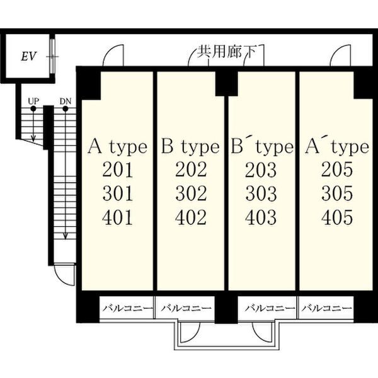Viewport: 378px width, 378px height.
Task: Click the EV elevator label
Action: (29, 57)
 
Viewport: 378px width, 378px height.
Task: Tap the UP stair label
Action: (33, 101)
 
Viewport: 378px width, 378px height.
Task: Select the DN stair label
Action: (66, 101)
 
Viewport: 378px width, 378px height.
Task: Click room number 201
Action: (118, 170)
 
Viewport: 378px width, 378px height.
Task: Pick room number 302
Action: (191, 193)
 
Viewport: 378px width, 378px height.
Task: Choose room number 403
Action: (261, 217)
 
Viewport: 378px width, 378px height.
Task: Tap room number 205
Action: (337, 169)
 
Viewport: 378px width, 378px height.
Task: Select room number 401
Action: (117, 217)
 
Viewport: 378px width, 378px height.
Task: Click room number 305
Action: (337, 193)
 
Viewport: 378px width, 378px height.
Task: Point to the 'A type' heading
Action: (117, 146)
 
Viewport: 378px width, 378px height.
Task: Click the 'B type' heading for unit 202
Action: (190, 146)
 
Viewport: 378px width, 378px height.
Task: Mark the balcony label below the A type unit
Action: (128, 308)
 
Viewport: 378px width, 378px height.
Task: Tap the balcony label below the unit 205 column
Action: (326, 308)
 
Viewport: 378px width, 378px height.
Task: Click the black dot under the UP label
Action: (33, 109)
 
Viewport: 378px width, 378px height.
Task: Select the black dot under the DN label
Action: (66, 109)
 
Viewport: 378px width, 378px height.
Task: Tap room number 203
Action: (261, 169)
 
